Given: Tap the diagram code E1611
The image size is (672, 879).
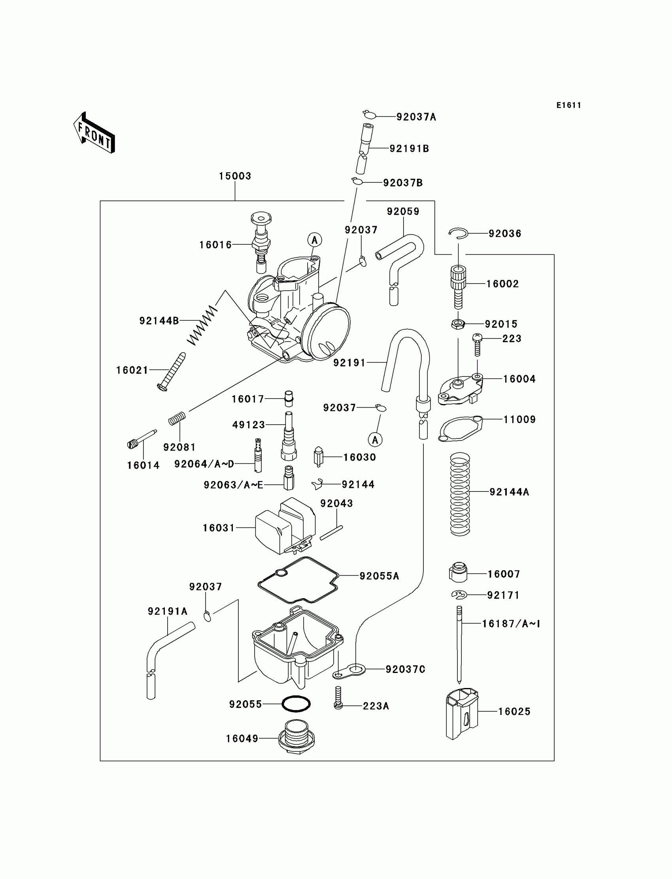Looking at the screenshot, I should (x=568, y=105).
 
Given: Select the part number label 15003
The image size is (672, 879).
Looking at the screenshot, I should (x=235, y=176).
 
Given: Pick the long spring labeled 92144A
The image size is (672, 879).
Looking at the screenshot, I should (x=460, y=494).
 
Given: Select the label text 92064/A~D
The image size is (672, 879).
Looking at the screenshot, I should (x=204, y=464).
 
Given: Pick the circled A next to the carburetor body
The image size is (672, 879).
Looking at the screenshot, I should (x=315, y=240).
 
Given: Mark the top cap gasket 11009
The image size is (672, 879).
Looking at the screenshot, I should (x=461, y=429).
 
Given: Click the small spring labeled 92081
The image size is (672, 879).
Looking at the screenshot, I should (x=177, y=418).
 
